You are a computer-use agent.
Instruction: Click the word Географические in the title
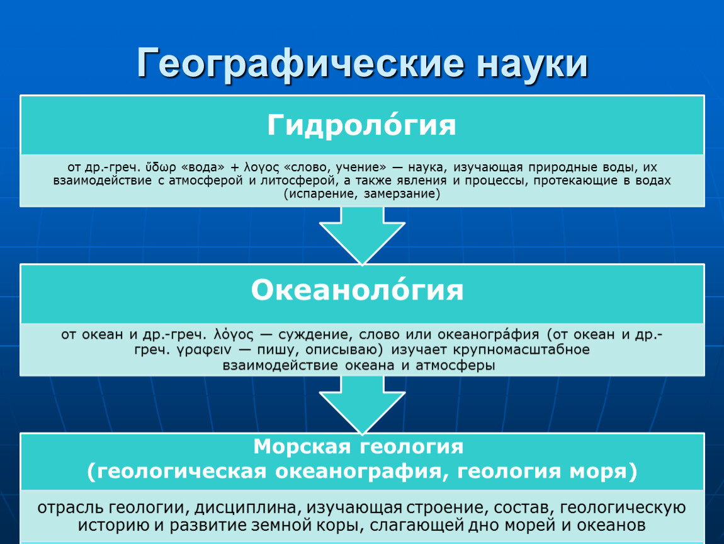(300, 64)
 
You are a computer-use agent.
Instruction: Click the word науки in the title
(533, 64)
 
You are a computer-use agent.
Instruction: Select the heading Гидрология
(361, 125)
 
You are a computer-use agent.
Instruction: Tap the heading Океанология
(357, 290)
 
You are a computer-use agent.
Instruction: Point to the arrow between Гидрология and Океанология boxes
(362, 235)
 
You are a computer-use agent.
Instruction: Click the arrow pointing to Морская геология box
(362, 405)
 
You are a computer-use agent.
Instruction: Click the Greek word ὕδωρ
(161, 167)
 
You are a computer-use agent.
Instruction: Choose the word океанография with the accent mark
(488, 334)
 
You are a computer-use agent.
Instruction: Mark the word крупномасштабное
(521, 349)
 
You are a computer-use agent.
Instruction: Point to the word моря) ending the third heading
(603, 472)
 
